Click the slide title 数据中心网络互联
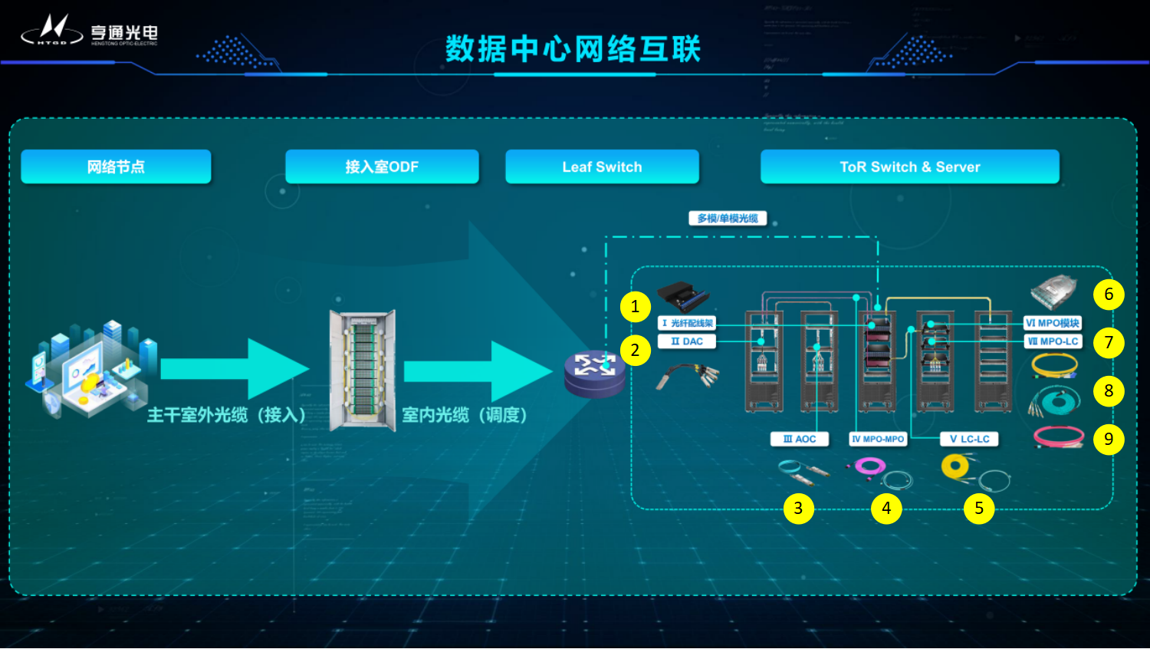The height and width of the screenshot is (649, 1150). point(573,48)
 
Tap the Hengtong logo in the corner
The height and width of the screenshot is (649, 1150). point(89,31)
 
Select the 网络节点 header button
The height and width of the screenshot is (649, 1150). point(116,166)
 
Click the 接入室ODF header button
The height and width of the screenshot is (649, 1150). point(382,166)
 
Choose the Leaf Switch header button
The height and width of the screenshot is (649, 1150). point(602,166)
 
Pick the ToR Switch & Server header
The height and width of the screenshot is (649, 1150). point(909,166)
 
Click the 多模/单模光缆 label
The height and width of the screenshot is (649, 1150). point(727,219)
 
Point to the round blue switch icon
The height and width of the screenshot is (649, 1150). point(595,372)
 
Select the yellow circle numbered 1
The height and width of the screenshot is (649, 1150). point(635,307)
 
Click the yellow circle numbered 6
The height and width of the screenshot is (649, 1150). point(1109,295)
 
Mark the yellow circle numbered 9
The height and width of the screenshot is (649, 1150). point(1109,439)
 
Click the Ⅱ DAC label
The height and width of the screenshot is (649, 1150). point(687,341)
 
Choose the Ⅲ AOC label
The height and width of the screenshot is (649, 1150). point(800,439)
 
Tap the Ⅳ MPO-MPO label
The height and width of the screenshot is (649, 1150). point(878,439)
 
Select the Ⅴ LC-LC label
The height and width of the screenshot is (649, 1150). point(969,439)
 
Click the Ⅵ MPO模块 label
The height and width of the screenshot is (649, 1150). point(1053,323)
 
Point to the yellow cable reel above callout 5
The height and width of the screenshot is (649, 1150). point(955,465)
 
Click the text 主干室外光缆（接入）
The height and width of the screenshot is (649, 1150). point(226,415)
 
